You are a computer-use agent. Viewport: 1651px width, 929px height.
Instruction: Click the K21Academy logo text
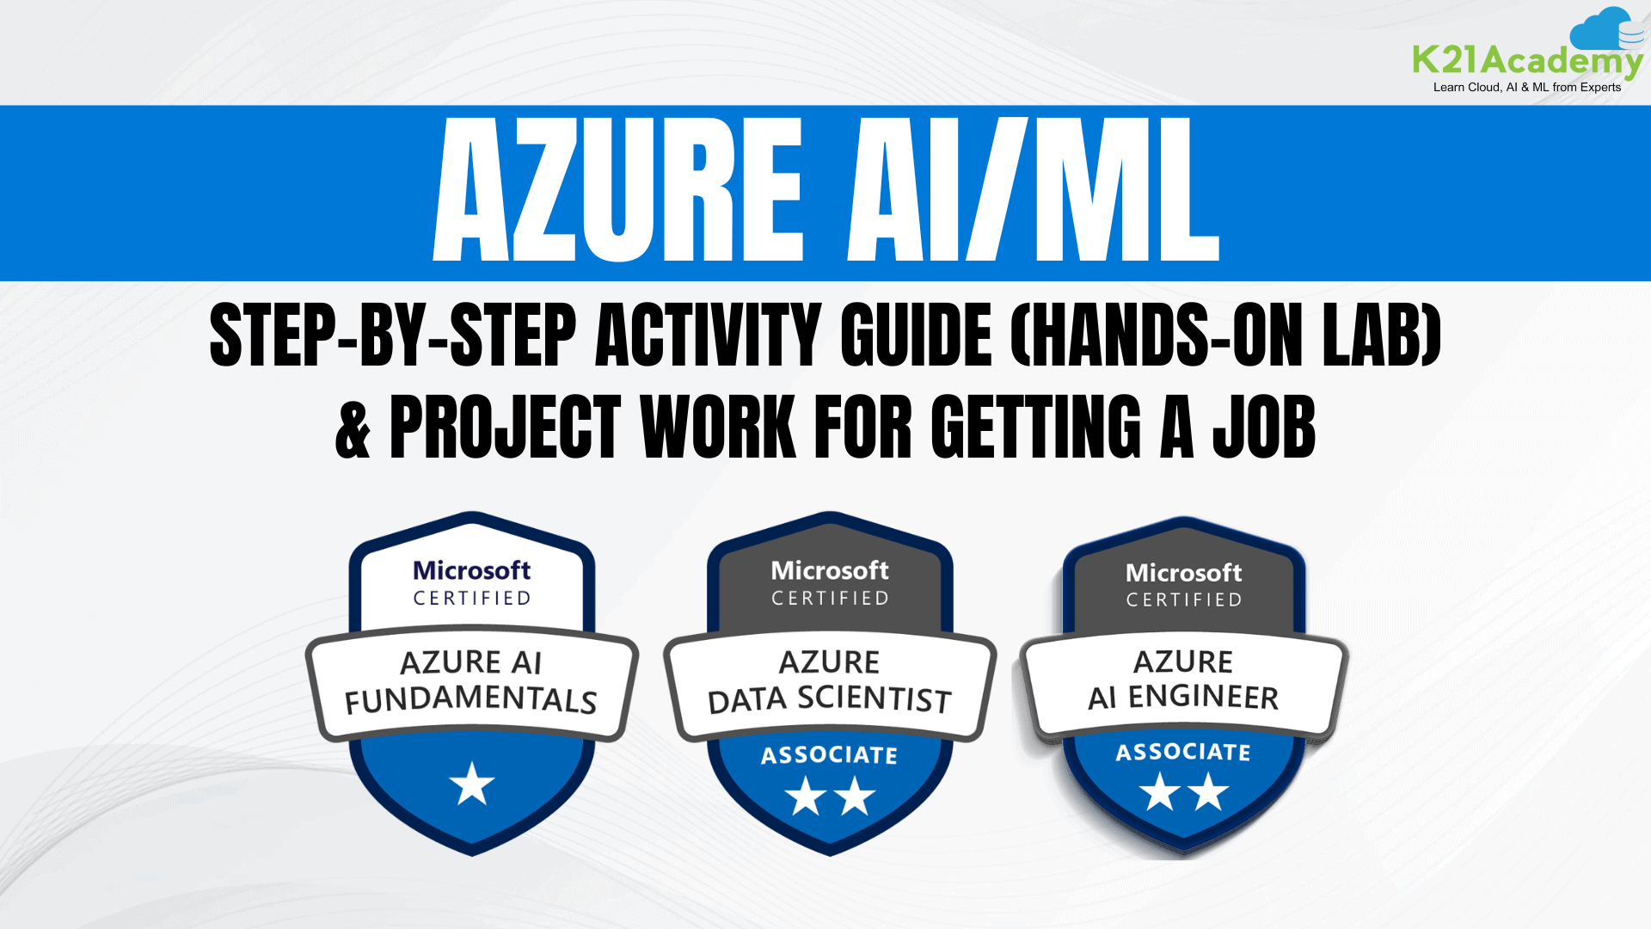(x=1527, y=61)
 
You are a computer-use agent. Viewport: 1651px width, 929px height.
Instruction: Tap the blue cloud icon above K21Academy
(x=1605, y=30)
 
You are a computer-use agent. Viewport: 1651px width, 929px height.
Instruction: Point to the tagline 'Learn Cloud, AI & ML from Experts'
(x=1526, y=87)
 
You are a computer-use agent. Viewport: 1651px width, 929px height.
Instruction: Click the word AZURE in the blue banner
(x=618, y=190)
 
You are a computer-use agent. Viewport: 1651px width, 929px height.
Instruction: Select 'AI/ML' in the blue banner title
(x=1033, y=190)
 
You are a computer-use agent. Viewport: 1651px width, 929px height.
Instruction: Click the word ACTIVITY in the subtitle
(x=709, y=335)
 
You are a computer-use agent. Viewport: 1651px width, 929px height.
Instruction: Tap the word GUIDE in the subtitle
(x=917, y=335)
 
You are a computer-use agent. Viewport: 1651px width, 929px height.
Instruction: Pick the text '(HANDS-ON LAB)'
(x=1225, y=335)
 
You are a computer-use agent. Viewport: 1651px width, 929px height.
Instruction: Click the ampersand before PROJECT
(x=353, y=428)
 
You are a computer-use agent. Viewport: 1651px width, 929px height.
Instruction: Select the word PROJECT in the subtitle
(x=505, y=428)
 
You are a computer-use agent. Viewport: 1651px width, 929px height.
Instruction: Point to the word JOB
(x=1263, y=428)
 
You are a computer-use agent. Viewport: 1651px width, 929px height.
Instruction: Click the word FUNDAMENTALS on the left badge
(x=471, y=700)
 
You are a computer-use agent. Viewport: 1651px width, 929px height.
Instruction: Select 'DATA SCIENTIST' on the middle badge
(x=830, y=700)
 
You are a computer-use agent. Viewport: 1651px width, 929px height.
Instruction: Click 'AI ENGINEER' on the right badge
(x=1183, y=697)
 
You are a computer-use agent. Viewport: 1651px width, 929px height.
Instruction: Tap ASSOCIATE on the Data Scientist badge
(x=830, y=755)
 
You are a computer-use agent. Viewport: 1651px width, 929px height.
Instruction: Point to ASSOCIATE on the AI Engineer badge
(x=1183, y=753)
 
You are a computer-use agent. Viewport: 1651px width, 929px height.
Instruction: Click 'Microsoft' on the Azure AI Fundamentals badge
(x=472, y=570)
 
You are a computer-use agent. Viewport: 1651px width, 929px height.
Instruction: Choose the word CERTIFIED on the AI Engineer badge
(x=1184, y=600)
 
